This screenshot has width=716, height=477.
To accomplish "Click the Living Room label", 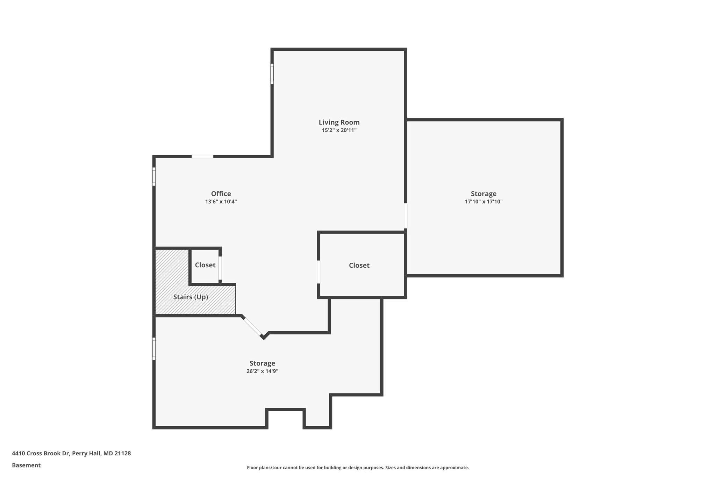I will pyautogui.click(x=339, y=122).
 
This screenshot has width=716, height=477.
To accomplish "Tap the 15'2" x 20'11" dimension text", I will pyautogui.click(x=339, y=130).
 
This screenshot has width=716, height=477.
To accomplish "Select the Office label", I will pyautogui.click(x=221, y=194).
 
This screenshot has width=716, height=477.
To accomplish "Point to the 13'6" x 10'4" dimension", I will pyautogui.click(x=221, y=202).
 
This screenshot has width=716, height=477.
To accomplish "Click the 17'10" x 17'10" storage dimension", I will pyautogui.click(x=484, y=202).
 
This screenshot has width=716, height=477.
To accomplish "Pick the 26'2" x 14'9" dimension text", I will pyautogui.click(x=262, y=371).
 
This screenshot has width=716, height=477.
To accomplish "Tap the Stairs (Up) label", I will pyautogui.click(x=191, y=297).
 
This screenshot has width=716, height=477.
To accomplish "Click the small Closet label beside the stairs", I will pyautogui.click(x=205, y=265).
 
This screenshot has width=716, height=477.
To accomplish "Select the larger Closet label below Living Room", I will pyautogui.click(x=359, y=265).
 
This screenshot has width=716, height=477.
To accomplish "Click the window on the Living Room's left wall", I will pyautogui.click(x=272, y=73).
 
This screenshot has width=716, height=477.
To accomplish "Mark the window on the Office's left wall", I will pyautogui.click(x=154, y=176).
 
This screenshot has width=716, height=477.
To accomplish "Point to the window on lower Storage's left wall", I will pyautogui.click(x=154, y=348).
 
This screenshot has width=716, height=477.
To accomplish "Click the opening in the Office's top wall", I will pyautogui.click(x=202, y=157).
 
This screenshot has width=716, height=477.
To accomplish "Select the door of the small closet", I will pyautogui.click(x=220, y=268).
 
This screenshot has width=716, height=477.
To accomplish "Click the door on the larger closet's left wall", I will pyautogui.click(x=318, y=272).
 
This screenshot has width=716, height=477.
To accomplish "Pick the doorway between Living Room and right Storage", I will pyautogui.click(x=406, y=216).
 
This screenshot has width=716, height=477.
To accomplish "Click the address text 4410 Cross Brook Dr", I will pyautogui.click(x=71, y=453).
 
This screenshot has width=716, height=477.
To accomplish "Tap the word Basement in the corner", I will pyautogui.click(x=26, y=465).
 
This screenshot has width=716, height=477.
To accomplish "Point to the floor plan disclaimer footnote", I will pyautogui.click(x=358, y=468).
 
